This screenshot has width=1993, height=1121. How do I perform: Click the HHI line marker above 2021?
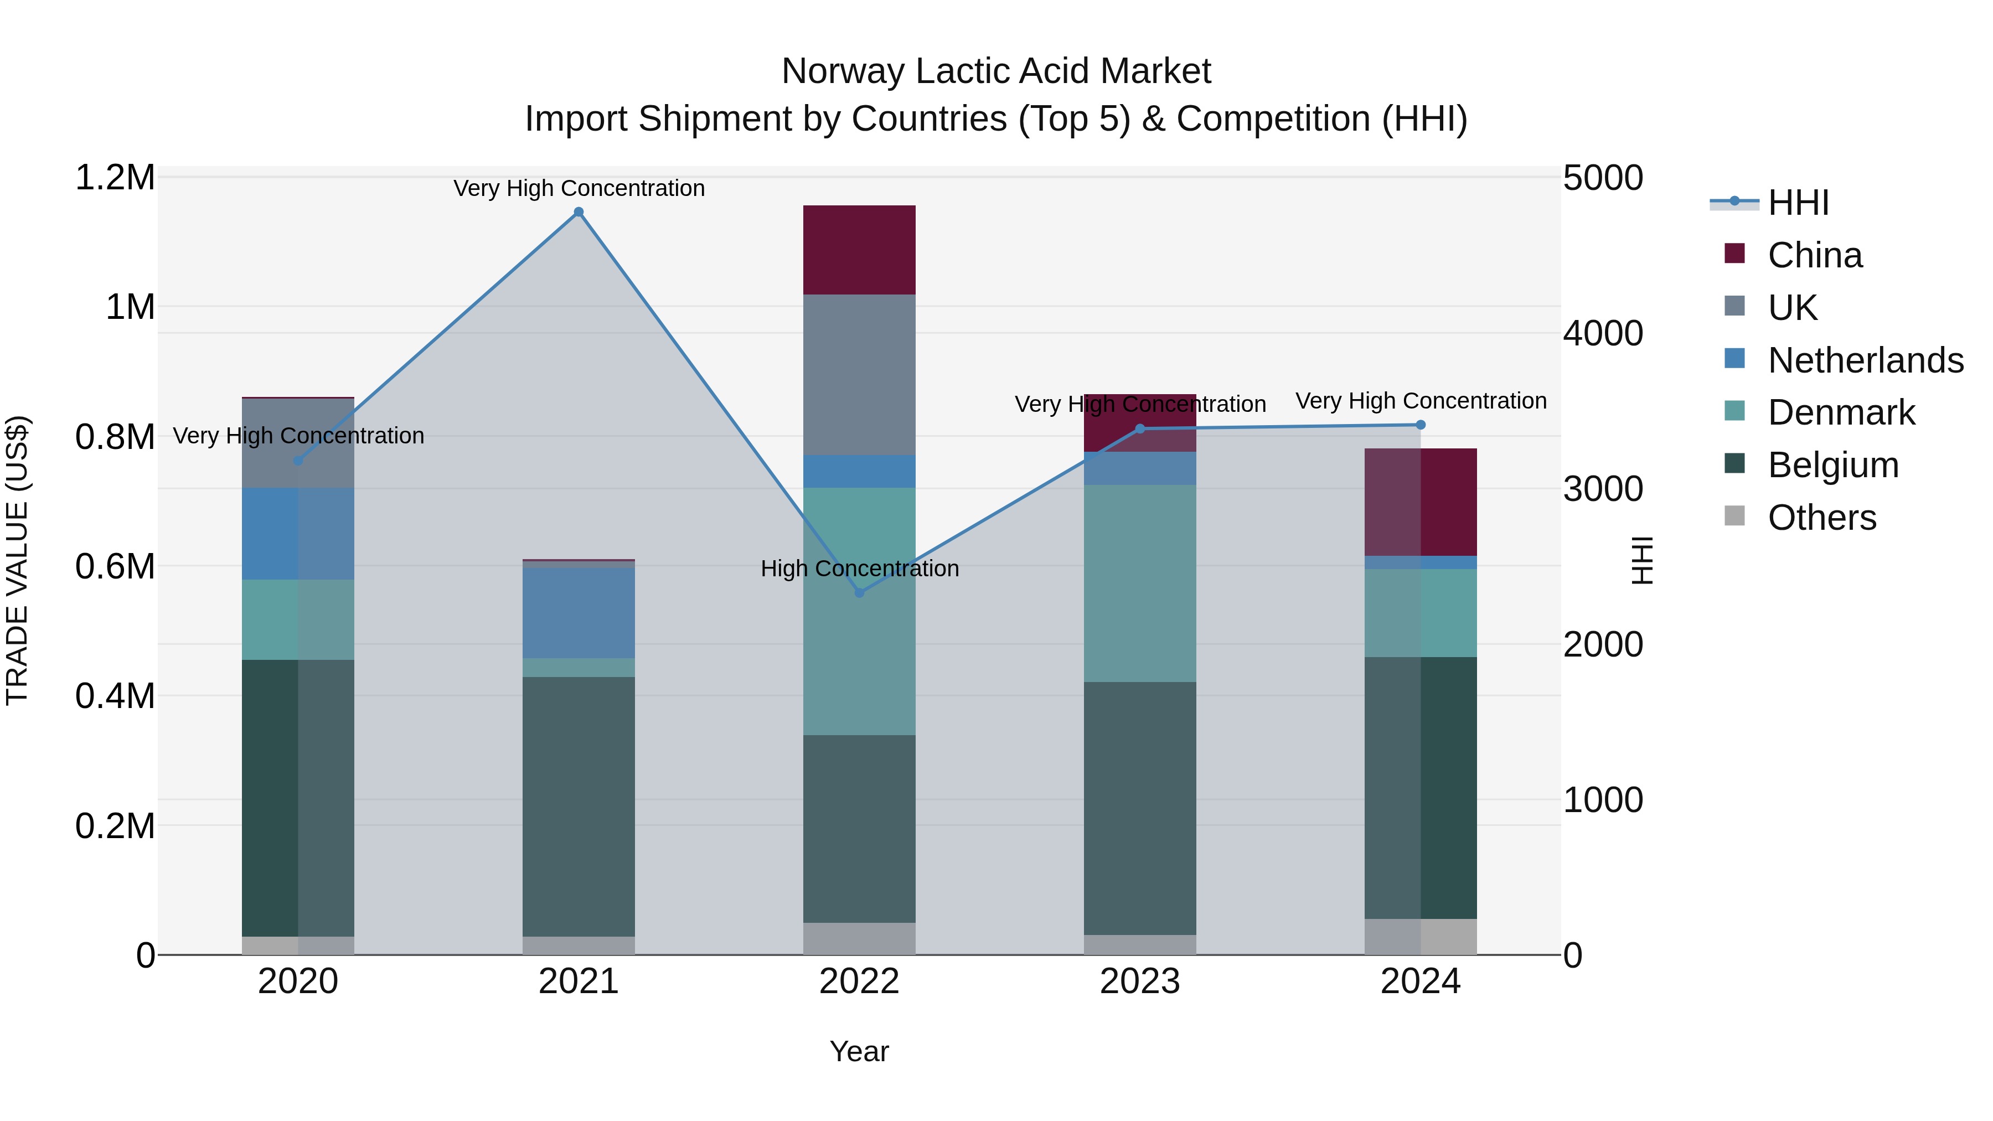[x=578, y=212]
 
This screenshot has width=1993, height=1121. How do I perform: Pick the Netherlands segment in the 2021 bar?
[x=578, y=613]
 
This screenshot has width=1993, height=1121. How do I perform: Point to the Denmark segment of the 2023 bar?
[x=1140, y=583]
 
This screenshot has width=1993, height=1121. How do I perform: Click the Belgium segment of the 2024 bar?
[x=1421, y=788]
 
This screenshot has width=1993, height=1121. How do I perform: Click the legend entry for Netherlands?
[x=1865, y=360]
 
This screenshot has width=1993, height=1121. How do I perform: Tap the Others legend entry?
[x=1821, y=518]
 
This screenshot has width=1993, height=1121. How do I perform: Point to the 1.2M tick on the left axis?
[x=115, y=178]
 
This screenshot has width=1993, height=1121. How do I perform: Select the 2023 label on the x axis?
[x=1140, y=981]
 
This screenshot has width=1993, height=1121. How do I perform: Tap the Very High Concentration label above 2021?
[x=578, y=188]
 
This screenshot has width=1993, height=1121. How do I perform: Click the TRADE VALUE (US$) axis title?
[x=17, y=560]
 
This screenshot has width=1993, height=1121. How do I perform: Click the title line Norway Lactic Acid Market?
[x=996, y=71]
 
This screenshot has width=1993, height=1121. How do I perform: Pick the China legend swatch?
[x=1734, y=254]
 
